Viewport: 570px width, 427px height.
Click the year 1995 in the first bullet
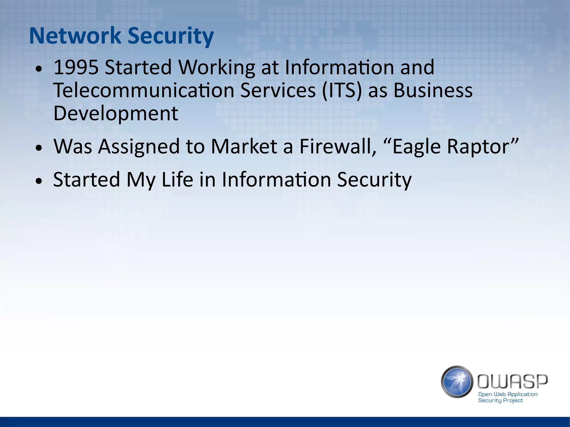click(76, 68)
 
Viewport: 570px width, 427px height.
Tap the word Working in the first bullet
click(217, 68)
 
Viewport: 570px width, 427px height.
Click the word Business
click(433, 91)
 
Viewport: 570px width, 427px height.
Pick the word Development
click(116, 113)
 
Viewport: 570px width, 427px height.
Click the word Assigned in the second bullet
click(139, 147)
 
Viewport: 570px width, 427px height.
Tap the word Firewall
click(338, 146)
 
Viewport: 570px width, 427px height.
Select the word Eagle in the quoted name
click(412, 147)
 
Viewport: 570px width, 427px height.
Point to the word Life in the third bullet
click(177, 180)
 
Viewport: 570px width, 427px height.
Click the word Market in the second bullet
click(244, 146)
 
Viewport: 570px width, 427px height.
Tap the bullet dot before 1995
click(39, 69)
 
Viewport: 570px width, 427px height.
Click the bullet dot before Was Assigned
click(39, 148)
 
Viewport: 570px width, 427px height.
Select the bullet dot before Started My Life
click(39, 181)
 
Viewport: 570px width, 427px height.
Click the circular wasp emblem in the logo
click(457, 381)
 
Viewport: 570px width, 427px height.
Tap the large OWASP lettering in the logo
click(512, 381)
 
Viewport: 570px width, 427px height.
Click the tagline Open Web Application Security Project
click(507, 397)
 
